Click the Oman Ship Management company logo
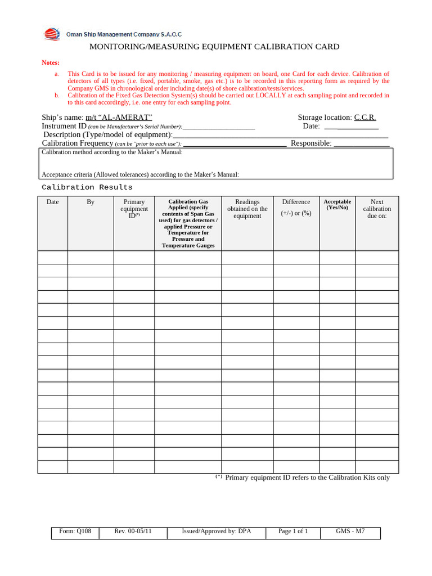pos(52,34)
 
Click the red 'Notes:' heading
pos(51,62)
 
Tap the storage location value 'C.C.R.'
pos(364,117)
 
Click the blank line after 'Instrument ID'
pos(219,126)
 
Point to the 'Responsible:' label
pos(310,143)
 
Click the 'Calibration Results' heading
pos(87,187)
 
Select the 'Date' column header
pos(52,202)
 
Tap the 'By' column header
pos(91,202)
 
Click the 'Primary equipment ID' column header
pos(134,209)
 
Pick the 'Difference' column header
pos(296,202)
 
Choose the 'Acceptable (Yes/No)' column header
pos(337,204)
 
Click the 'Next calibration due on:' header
pos(377,209)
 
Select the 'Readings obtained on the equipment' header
pos(247,209)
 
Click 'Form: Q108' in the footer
pos(75,531)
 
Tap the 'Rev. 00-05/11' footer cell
pos(133,531)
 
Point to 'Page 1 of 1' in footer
pos(293,531)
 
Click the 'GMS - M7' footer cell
pos(350,531)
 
